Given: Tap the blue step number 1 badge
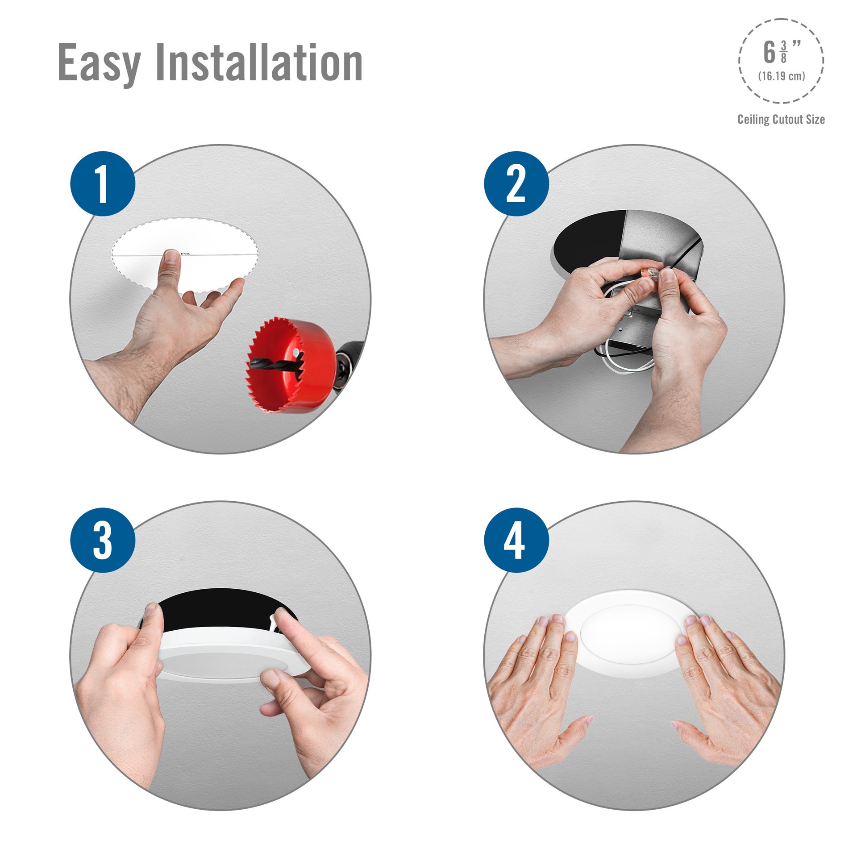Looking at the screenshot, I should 103,184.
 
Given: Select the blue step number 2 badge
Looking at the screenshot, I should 516,184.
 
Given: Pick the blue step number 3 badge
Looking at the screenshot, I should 103,540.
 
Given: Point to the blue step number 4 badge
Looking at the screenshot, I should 516,540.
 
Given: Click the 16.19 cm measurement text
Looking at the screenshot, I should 782,76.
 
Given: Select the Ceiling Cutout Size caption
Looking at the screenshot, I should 781,119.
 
